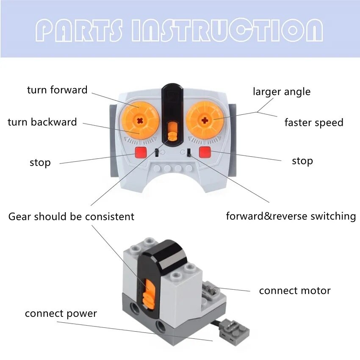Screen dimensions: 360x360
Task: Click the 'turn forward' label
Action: point(57,90)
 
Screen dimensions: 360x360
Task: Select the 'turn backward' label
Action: point(42,122)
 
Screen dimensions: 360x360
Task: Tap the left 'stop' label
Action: point(40,163)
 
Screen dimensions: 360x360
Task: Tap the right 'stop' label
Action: point(302,161)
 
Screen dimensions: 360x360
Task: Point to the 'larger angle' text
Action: point(282,91)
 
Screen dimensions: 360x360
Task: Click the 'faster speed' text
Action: point(314,123)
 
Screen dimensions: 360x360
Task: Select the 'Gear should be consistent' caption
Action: point(71,217)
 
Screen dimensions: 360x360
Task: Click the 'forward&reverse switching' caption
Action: point(291,216)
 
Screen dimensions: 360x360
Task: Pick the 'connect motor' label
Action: point(295,291)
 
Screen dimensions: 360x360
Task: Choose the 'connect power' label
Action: point(61,314)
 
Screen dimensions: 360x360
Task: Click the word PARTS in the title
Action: point(80,30)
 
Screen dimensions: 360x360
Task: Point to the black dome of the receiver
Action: point(163,254)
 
